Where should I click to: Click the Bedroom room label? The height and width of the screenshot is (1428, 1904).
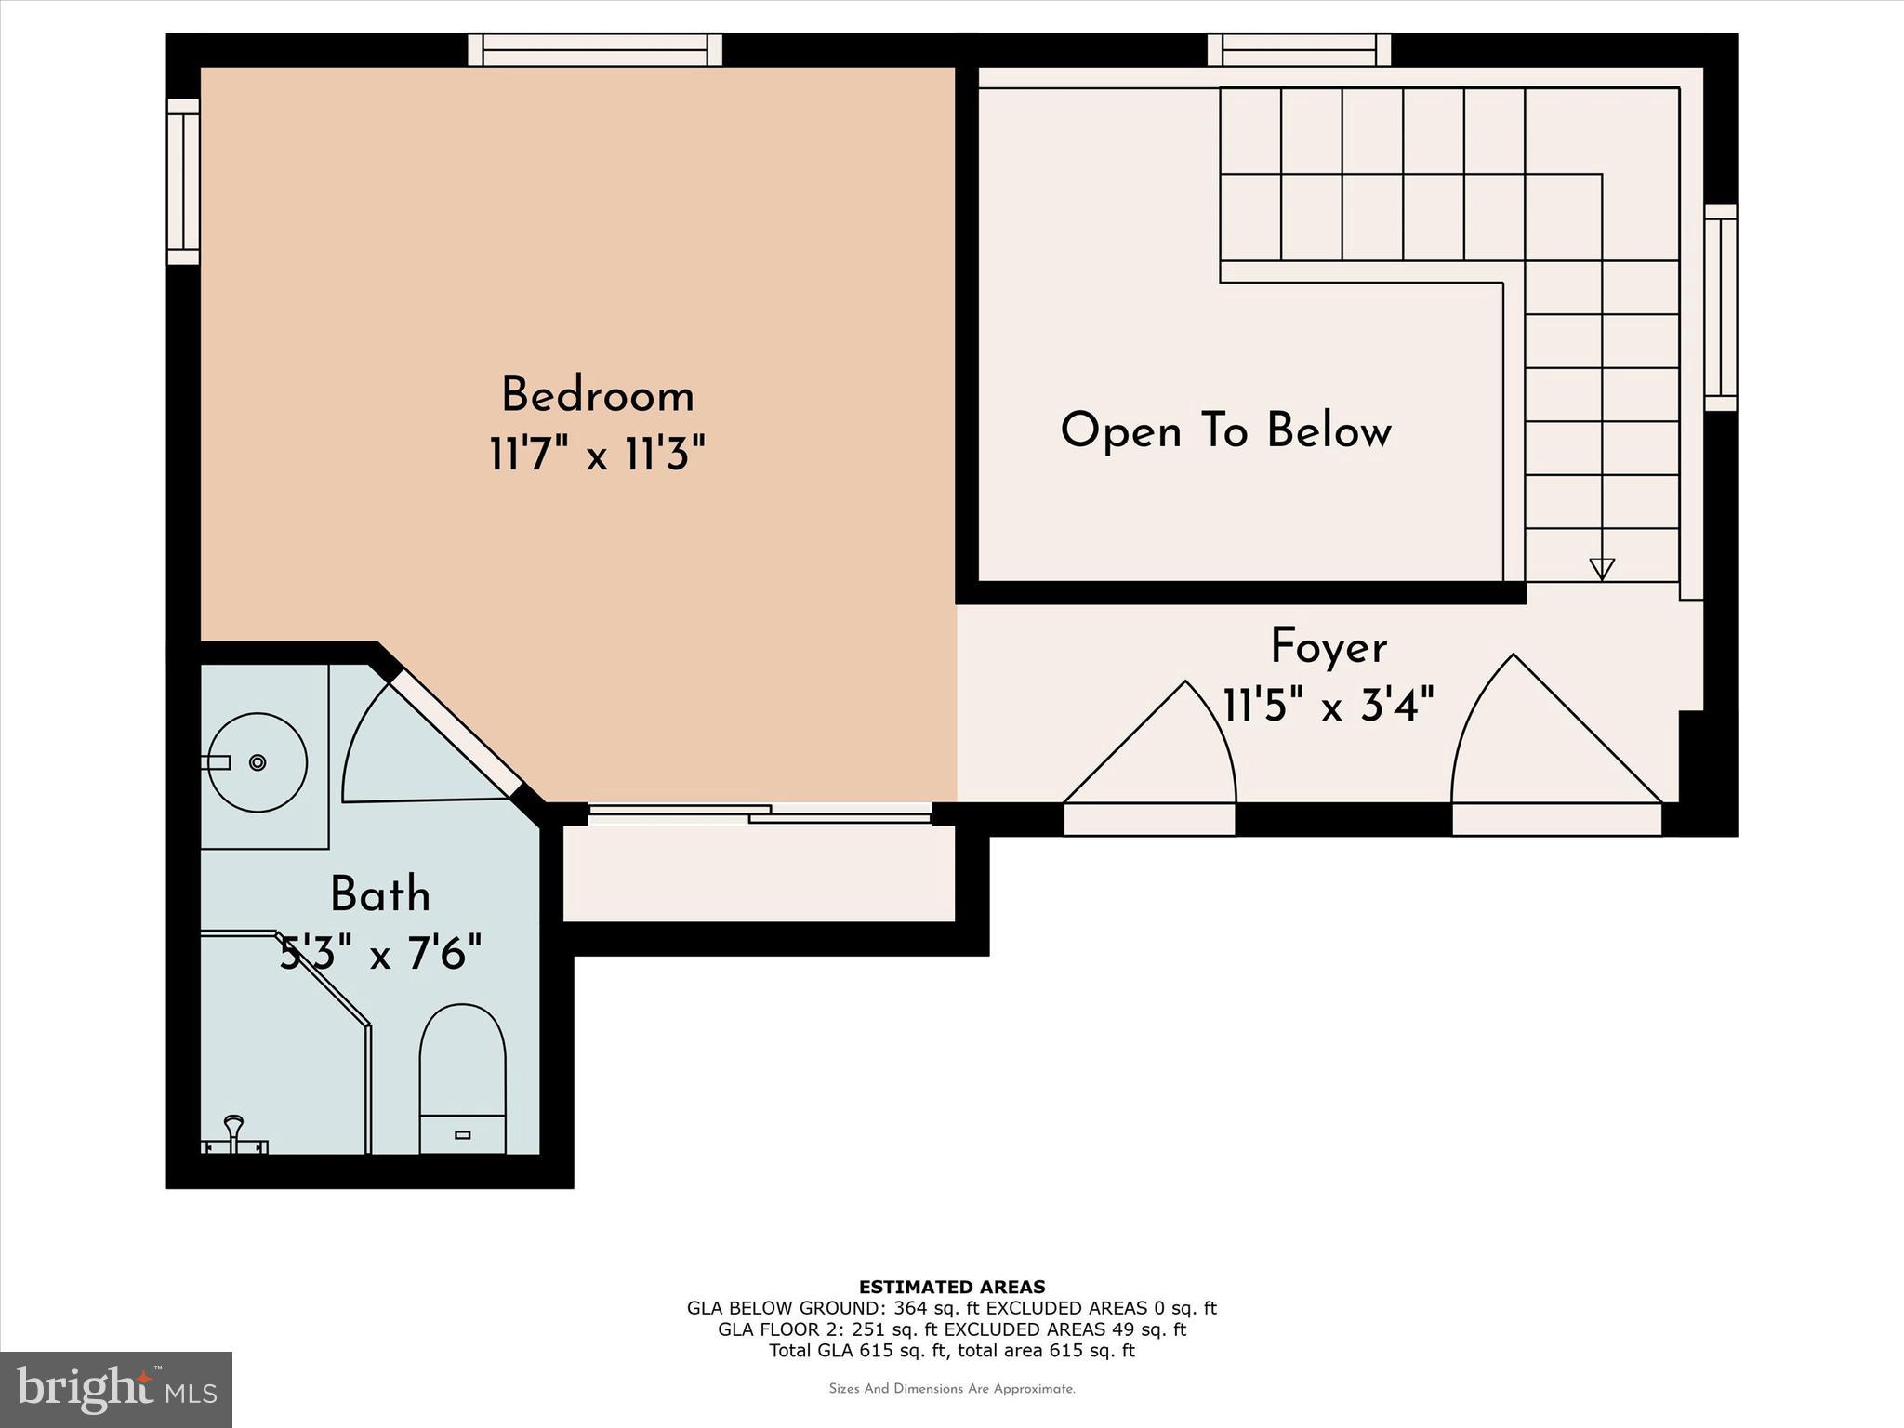(598, 396)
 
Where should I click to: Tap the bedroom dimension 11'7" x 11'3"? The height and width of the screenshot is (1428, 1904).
(598, 456)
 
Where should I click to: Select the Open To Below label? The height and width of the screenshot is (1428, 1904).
(1225, 431)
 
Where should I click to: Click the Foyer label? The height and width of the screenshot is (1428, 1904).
(1329, 647)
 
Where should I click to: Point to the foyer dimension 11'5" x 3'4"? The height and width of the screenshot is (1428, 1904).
(1329, 706)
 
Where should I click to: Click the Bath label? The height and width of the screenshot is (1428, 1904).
(380, 895)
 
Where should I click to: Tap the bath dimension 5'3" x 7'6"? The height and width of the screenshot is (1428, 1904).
(380, 954)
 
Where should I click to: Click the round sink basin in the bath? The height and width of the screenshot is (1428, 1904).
(258, 762)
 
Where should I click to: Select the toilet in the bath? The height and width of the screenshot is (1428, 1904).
(462, 1078)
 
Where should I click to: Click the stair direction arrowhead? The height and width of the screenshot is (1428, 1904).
(1602, 568)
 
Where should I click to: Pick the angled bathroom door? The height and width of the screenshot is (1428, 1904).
(455, 734)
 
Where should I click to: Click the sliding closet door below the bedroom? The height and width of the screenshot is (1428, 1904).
(760, 814)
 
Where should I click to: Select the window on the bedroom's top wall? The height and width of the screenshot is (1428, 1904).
(595, 49)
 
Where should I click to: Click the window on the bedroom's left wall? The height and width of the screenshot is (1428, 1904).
(183, 181)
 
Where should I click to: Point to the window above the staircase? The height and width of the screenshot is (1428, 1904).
(1299, 49)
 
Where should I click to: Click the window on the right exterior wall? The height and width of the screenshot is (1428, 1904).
(1721, 307)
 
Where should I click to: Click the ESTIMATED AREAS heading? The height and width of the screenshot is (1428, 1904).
(952, 1287)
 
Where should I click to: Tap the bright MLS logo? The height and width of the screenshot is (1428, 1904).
(116, 1389)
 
